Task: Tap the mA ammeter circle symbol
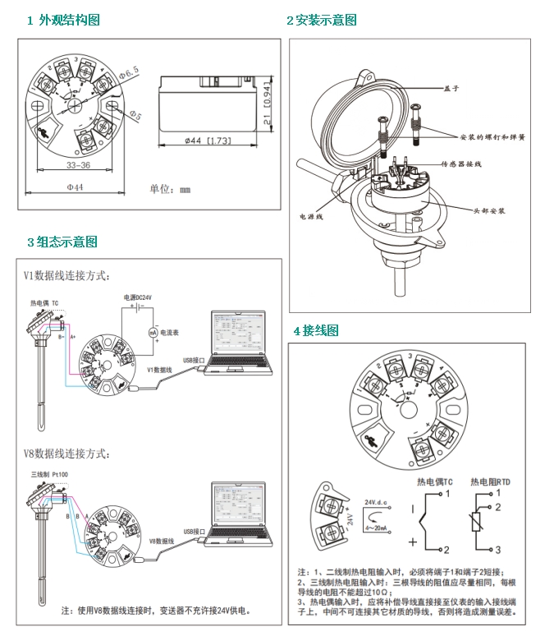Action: pos(152,331)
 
